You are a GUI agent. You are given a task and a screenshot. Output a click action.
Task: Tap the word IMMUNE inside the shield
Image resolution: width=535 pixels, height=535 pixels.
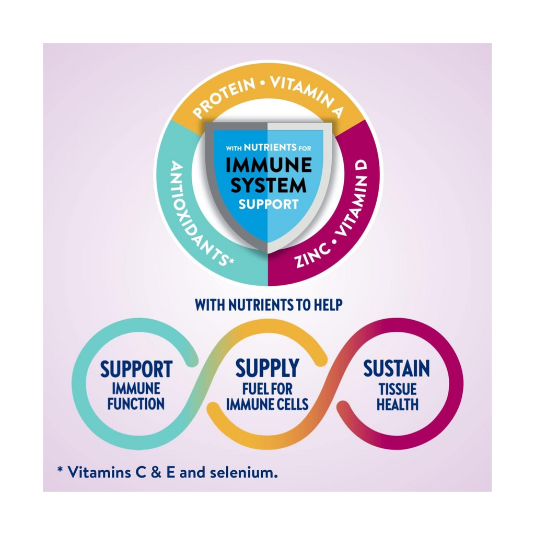[x=269, y=166]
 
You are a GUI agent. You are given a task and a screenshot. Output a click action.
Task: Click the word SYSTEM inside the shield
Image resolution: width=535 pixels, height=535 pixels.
[x=269, y=185]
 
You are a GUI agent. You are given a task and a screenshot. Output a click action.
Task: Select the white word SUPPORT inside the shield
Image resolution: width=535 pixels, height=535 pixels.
[x=269, y=203]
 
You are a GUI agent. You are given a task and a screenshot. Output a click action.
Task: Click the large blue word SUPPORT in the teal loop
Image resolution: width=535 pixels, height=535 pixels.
[x=136, y=369]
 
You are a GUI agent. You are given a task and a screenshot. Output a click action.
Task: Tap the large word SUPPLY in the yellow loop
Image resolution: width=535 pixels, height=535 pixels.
[x=267, y=368]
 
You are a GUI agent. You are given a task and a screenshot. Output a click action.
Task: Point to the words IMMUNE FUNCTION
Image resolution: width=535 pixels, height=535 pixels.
[x=136, y=396]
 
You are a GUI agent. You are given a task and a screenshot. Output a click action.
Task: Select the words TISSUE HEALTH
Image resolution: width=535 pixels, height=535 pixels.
[x=397, y=397]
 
